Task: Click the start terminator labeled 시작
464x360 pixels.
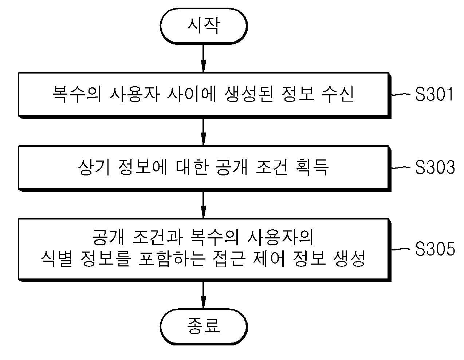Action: click(204, 26)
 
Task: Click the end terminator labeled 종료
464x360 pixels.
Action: click(204, 327)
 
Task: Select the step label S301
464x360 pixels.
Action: click(434, 94)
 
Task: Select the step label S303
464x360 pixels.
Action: click(435, 167)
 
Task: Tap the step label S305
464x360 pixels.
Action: click(435, 249)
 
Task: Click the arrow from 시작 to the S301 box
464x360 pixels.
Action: click(204, 58)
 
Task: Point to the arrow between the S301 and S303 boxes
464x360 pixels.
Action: click(204, 132)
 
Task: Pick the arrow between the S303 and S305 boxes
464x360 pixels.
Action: click(204, 205)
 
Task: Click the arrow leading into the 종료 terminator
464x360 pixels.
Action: click(204, 295)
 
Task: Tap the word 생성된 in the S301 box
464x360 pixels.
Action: click(249, 94)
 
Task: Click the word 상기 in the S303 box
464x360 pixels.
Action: click(94, 167)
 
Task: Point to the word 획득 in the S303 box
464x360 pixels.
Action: click(312, 167)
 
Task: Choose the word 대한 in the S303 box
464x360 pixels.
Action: click(192, 167)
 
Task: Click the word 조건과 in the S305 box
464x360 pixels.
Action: click(158, 237)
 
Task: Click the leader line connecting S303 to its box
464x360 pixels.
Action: click(401, 167)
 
